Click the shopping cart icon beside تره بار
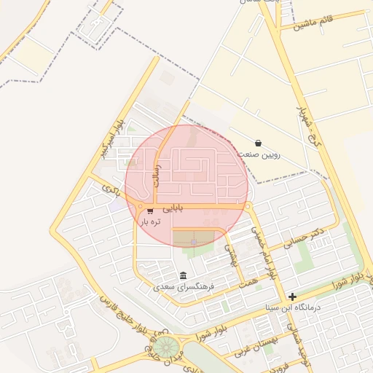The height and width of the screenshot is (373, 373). click(150, 211)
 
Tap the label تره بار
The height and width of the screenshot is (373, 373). click(150, 221)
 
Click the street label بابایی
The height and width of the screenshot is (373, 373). click(173, 208)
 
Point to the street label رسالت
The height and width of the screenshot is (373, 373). click(154, 175)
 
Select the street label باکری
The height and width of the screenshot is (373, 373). click(110, 190)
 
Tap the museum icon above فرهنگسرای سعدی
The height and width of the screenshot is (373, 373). click(181, 275)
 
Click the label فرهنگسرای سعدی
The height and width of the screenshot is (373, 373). click(184, 287)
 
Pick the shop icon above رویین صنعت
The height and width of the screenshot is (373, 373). click(259, 143)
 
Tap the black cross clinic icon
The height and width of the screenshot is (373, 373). click(292, 297)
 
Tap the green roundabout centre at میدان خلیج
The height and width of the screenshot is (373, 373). click(165, 346)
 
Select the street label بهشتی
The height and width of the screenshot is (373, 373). click(232, 254)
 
